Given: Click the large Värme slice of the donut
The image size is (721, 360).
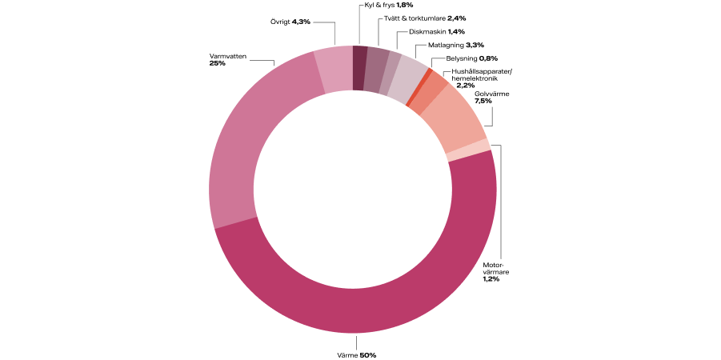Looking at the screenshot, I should (352, 308).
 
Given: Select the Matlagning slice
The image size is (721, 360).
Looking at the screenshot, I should (405, 78).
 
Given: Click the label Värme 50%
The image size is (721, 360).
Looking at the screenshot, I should (352, 354).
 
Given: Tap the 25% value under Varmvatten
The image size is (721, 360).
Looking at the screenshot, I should (217, 63).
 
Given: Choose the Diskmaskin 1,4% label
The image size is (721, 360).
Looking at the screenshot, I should (436, 31).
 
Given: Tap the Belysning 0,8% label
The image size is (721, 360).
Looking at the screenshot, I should (471, 58).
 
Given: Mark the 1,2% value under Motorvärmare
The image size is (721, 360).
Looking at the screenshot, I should (491, 278).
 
